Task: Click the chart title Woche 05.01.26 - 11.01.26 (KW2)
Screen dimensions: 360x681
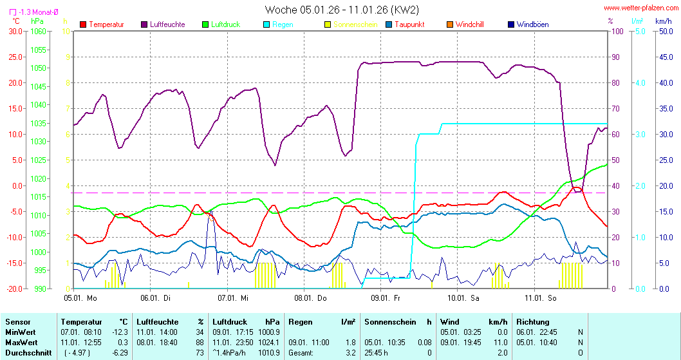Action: tap(342, 10)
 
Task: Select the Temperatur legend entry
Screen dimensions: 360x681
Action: tap(106, 24)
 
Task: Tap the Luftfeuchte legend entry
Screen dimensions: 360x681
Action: tap(167, 24)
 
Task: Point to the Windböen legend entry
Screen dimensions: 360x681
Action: tap(532, 24)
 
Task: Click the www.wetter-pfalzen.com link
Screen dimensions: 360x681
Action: tap(640, 8)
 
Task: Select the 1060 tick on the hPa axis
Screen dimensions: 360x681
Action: tap(39, 31)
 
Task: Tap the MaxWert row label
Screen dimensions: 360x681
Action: tap(21, 342)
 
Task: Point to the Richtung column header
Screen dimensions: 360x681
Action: tap(532, 321)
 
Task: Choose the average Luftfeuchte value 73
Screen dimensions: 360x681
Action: tap(200, 352)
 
